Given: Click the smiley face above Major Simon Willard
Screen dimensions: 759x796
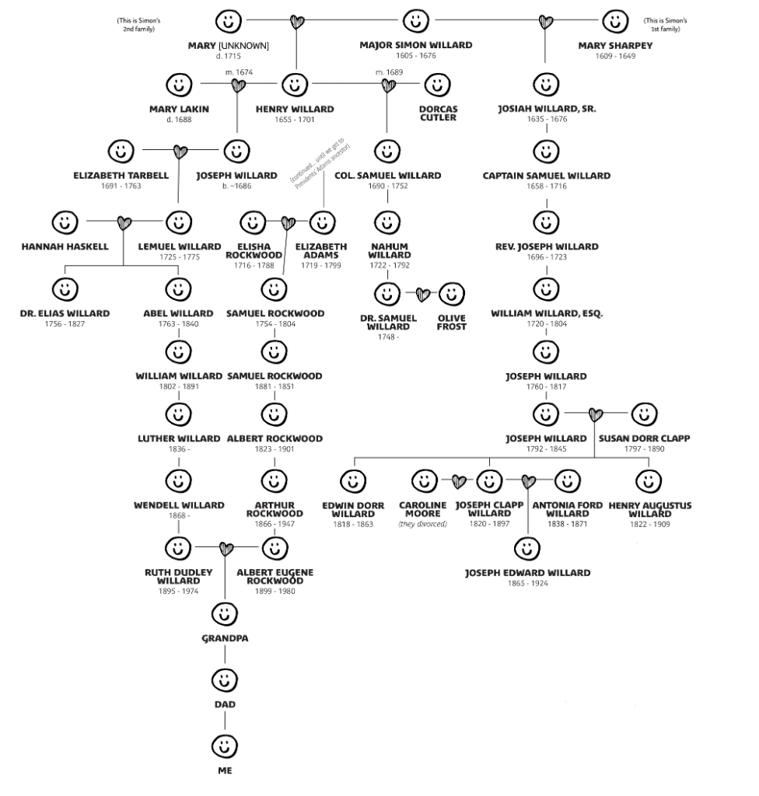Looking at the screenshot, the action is click(415, 19).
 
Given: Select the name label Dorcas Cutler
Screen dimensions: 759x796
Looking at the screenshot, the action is click(437, 113).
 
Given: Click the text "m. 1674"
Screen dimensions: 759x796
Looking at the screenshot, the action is click(239, 72).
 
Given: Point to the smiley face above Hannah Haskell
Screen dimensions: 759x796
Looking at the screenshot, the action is click(65, 224).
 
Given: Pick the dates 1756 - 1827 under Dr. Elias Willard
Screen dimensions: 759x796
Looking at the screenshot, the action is click(65, 323).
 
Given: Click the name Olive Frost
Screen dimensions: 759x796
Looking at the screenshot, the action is click(452, 323).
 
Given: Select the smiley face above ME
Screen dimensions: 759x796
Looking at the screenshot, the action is click(225, 746).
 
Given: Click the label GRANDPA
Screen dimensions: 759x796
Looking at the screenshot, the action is click(225, 638).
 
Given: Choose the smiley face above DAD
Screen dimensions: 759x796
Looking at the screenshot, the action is click(225, 680).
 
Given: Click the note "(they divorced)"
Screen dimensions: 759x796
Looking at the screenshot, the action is click(423, 524).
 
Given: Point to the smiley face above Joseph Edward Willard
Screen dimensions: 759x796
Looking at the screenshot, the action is click(528, 550).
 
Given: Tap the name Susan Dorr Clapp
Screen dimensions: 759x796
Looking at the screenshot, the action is click(644, 438).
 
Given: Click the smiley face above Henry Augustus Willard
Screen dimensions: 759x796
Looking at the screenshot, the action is click(649, 482).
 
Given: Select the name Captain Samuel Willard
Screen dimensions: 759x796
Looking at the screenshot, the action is click(546, 176).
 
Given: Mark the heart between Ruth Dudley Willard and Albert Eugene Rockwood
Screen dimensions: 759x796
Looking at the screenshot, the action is click(226, 549).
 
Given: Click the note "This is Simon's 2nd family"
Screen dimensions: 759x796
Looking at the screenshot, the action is click(136, 24).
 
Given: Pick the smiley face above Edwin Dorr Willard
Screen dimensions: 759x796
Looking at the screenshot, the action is click(353, 482).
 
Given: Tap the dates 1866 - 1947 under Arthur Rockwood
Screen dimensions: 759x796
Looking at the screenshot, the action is click(275, 524).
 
